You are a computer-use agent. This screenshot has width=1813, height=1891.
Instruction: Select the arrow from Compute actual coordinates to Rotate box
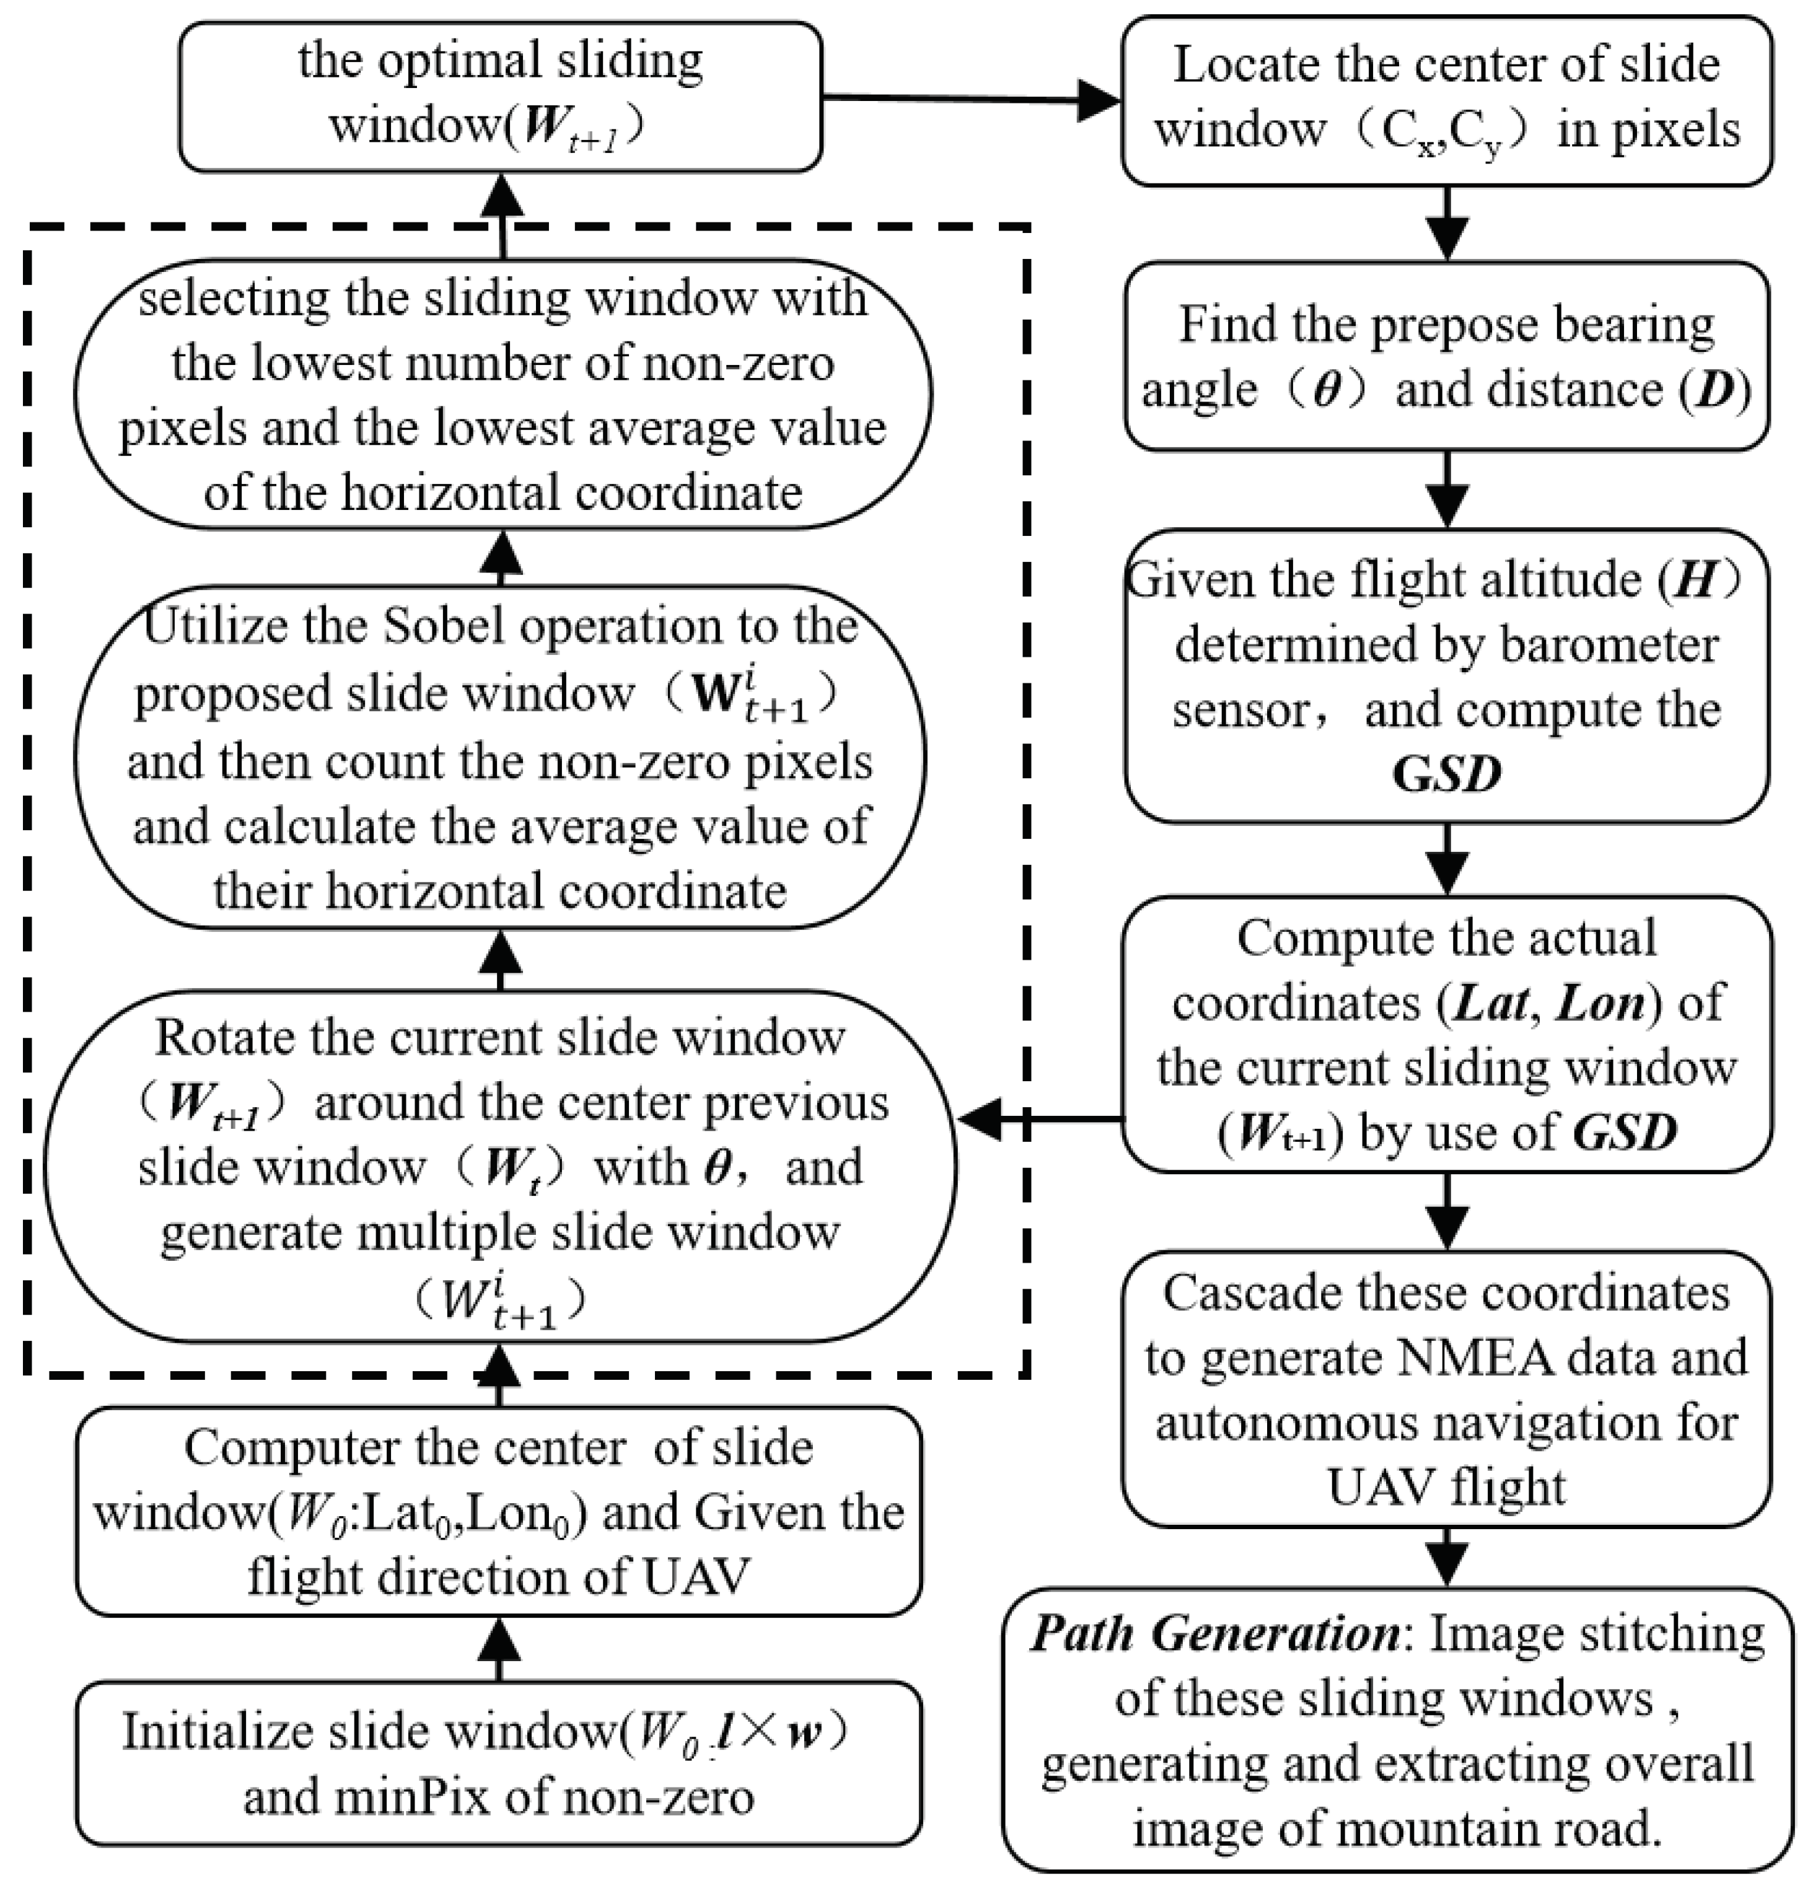tap(1040, 1119)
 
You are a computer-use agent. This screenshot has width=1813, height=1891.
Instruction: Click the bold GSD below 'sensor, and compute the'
tap(1447, 774)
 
